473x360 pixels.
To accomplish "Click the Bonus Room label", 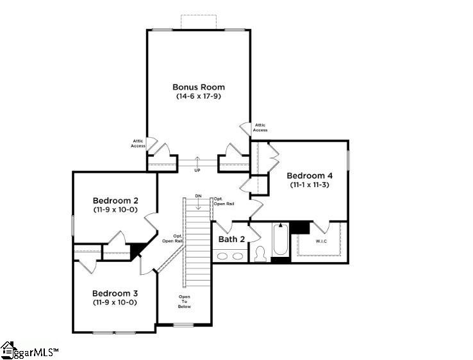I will pyautogui.click(x=198, y=86).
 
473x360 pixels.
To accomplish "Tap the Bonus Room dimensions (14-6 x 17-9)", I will pyautogui.click(x=198, y=96).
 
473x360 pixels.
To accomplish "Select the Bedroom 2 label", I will pyautogui.click(x=115, y=200).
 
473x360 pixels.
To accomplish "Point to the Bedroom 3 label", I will pyautogui.click(x=115, y=293).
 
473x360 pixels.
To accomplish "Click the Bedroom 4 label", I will pyautogui.click(x=310, y=176).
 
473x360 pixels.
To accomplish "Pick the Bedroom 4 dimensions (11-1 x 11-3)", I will pyautogui.click(x=310, y=185).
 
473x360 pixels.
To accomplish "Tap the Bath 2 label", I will pyautogui.click(x=231, y=239).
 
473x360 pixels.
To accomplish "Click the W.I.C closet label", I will pyautogui.click(x=321, y=241).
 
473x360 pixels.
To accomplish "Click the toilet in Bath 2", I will pyautogui.click(x=260, y=254).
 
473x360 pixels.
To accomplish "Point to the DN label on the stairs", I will pyautogui.click(x=199, y=195).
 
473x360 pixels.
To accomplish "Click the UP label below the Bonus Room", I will pyautogui.click(x=197, y=170).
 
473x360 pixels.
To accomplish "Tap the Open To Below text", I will pyautogui.click(x=185, y=302).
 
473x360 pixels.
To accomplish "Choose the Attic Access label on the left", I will pyautogui.click(x=138, y=143).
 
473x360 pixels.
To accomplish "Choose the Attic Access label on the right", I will pyautogui.click(x=260, y=127).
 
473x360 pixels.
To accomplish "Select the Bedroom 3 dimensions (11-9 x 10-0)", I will pyautogui.click(x=115, y=302).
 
